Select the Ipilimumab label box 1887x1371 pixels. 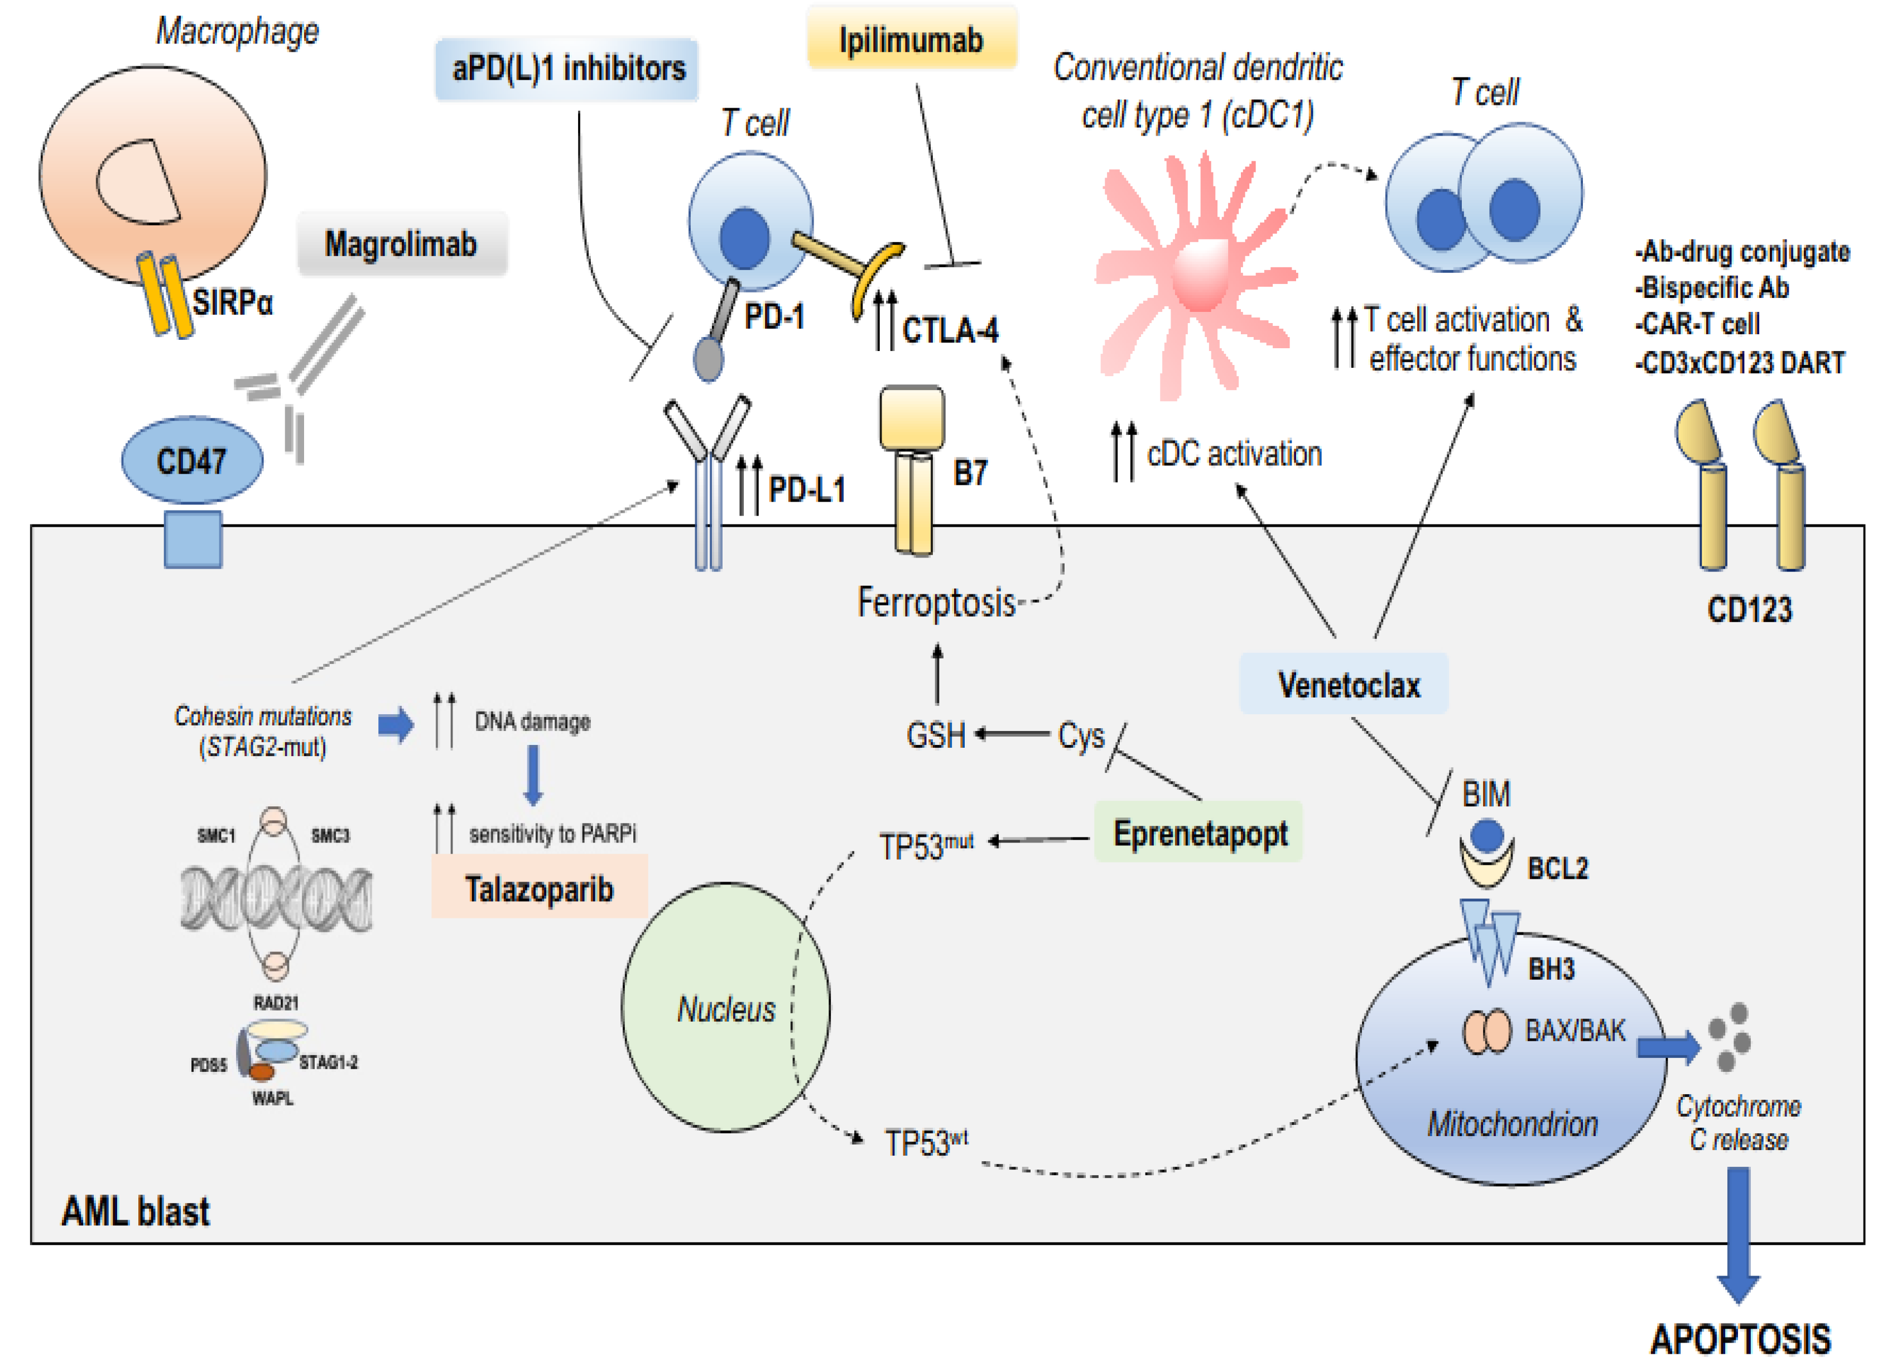point(912,39)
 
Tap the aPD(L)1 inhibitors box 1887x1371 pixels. point(566,68)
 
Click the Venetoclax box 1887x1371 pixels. point(1344,684)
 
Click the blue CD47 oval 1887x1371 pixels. point(192,460)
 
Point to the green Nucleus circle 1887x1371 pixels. point(725,1007)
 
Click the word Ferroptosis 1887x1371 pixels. point(936,602)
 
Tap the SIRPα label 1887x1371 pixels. point(233,301)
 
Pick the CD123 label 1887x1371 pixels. point(1750,610)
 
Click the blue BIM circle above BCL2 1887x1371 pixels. point(1487,836)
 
